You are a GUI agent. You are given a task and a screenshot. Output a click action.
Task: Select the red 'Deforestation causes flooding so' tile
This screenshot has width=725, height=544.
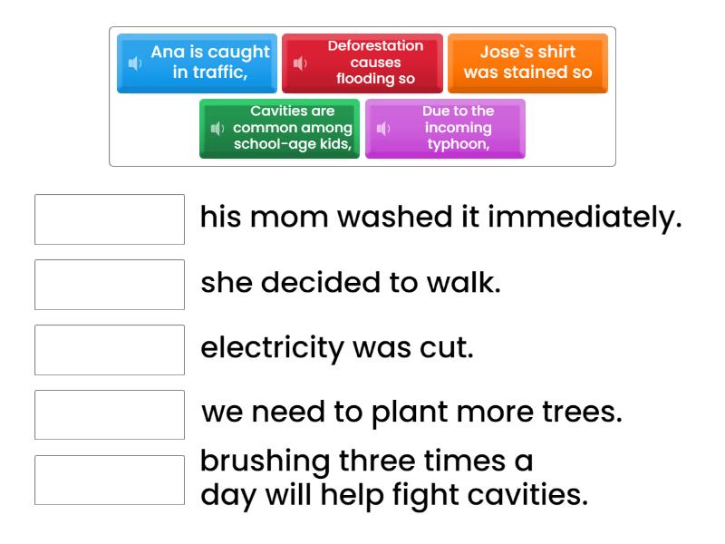point(362,63)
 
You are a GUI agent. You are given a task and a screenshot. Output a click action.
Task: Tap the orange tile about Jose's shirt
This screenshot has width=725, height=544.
point(527,63)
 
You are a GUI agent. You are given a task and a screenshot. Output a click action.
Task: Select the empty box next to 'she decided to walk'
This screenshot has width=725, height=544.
point(110,284)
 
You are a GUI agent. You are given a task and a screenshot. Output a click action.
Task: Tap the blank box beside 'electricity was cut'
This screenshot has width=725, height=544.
point(110,349)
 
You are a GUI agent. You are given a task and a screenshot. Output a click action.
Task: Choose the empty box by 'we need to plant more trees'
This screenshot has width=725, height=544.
point(110,414)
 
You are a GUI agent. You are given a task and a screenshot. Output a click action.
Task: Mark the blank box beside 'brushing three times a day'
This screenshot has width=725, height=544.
point(110,480)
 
